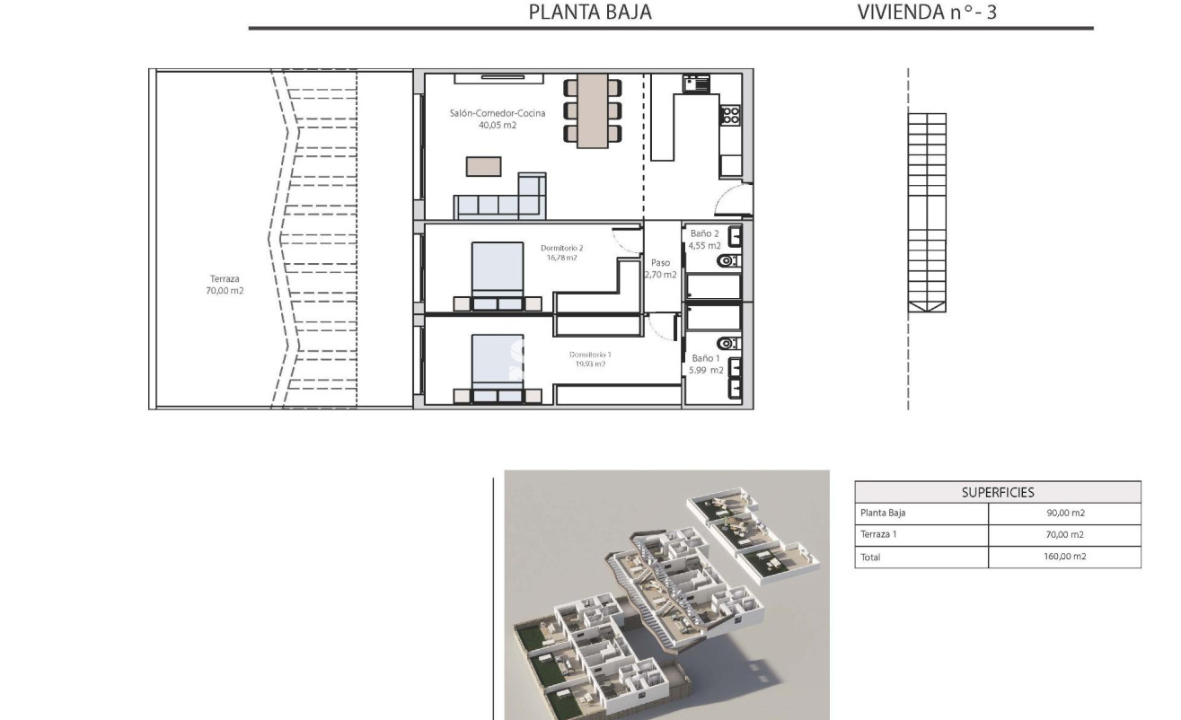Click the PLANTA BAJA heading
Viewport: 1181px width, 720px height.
click(x=589, y=13)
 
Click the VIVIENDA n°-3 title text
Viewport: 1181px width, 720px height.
click(x=927, y=13)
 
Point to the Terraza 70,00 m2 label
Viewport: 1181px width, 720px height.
click(x=225, y=285)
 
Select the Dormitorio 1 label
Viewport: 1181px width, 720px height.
click(x=587, y=359)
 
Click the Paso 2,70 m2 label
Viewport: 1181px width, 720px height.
click(x=660, y=268)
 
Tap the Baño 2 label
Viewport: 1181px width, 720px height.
click(x=704, y=239)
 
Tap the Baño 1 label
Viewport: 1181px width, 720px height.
click(x=705, y=364)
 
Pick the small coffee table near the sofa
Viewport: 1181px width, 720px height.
click(x=483, y=166)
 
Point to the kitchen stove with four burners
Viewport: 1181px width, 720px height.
click(x=730, y=115)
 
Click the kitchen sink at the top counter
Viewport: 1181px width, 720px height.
click(x=696, y=83)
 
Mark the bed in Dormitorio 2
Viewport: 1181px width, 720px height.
click(x=498, y=272)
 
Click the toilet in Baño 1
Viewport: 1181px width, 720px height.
click(x=728, y=343)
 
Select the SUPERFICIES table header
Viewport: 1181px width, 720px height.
click(x=997, y=492)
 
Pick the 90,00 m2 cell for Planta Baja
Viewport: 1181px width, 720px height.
click(x=1064, y=514)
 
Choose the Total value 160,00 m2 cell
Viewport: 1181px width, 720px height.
click(x=1064, y=557)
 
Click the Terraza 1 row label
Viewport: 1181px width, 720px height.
click(x=880, y=535)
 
